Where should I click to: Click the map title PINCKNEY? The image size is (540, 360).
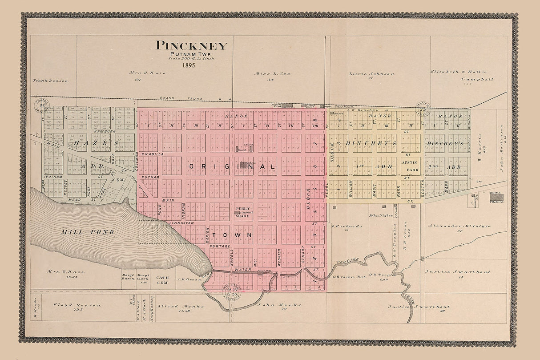(191, 46)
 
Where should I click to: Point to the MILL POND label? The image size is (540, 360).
(88, 232)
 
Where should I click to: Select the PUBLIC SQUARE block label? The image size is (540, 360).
(243, 212)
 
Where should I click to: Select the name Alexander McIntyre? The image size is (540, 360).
(459, 226)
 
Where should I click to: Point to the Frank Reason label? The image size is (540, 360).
(51, 81)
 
